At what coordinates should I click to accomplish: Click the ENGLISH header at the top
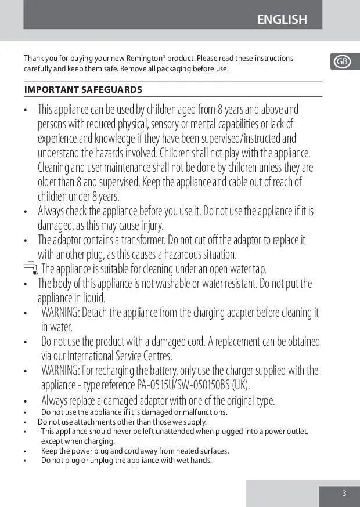click(282, 20)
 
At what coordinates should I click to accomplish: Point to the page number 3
click(344, 494)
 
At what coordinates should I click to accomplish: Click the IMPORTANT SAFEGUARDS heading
click(83, 90)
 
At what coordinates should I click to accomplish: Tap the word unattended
click(175, 432)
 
